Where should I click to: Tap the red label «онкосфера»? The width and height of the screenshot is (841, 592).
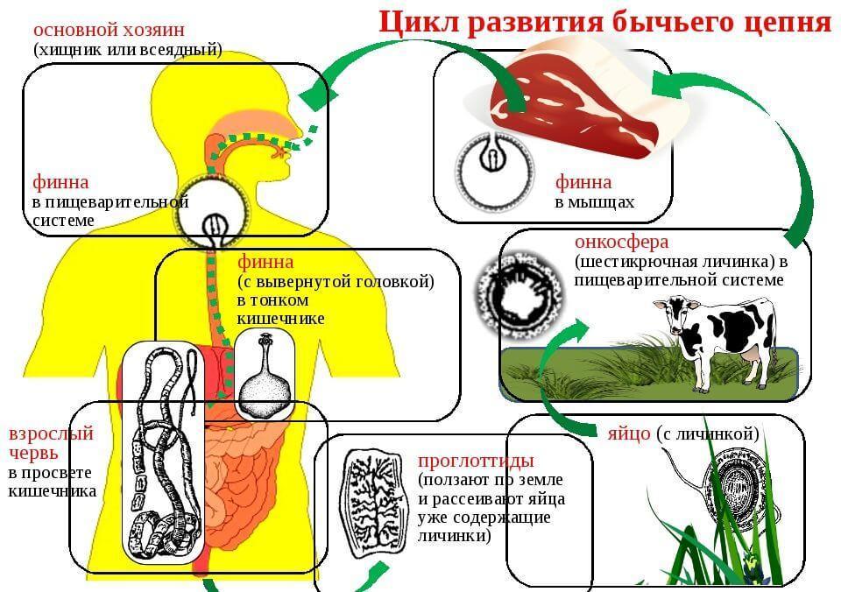tap(622, 243)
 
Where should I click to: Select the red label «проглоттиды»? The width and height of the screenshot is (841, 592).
tap(477, 461)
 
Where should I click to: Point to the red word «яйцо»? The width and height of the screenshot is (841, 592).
tap(629, 433)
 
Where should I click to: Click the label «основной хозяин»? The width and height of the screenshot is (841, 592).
tap(109, 30)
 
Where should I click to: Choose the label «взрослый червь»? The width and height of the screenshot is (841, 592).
tap(51, 442)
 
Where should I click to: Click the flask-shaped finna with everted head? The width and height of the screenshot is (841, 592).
tap(265, 378)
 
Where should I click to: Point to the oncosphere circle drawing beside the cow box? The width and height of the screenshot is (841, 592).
tap(520, 294)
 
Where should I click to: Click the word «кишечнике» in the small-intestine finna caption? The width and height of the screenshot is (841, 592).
tap(280, 319)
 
